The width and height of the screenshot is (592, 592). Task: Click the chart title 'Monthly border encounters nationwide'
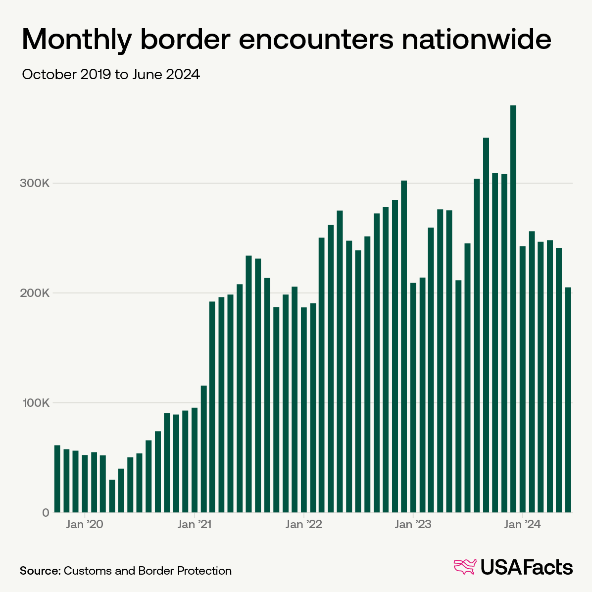pyautogui.click(x=286, y=40)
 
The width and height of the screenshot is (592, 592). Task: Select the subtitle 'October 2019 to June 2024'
pyautogui.click(x=111, y=75)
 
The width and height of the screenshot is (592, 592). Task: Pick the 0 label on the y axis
pyautogui.click(x=46, y=513)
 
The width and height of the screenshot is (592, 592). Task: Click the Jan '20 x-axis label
pyautogui.click(x=85, y=525)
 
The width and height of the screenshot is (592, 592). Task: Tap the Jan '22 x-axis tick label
pyautogui.click(x=304, y=525)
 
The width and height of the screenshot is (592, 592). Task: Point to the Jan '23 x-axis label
pyautogui.click(x=413, y=525)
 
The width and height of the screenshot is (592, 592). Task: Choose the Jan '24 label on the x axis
pyautogui.click(x=523, y=525)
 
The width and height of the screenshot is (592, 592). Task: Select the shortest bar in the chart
pyautogui.click(x=112, y=496)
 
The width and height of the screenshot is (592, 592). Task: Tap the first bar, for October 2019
pyautogui.click(x=57, y=479)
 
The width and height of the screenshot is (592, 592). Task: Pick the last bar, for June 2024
pyautogui.click(x=568, y=400)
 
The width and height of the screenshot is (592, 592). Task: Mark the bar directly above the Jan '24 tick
pyautogui.click(x=523, y=379)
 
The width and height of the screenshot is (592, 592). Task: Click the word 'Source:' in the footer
pyautogui.click(x=40, y=571)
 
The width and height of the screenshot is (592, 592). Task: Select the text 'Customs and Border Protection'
pyautogui.click(x=148, y=571)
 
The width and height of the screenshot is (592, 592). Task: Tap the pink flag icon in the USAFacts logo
pyautogui.click(x=465, y=567)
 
